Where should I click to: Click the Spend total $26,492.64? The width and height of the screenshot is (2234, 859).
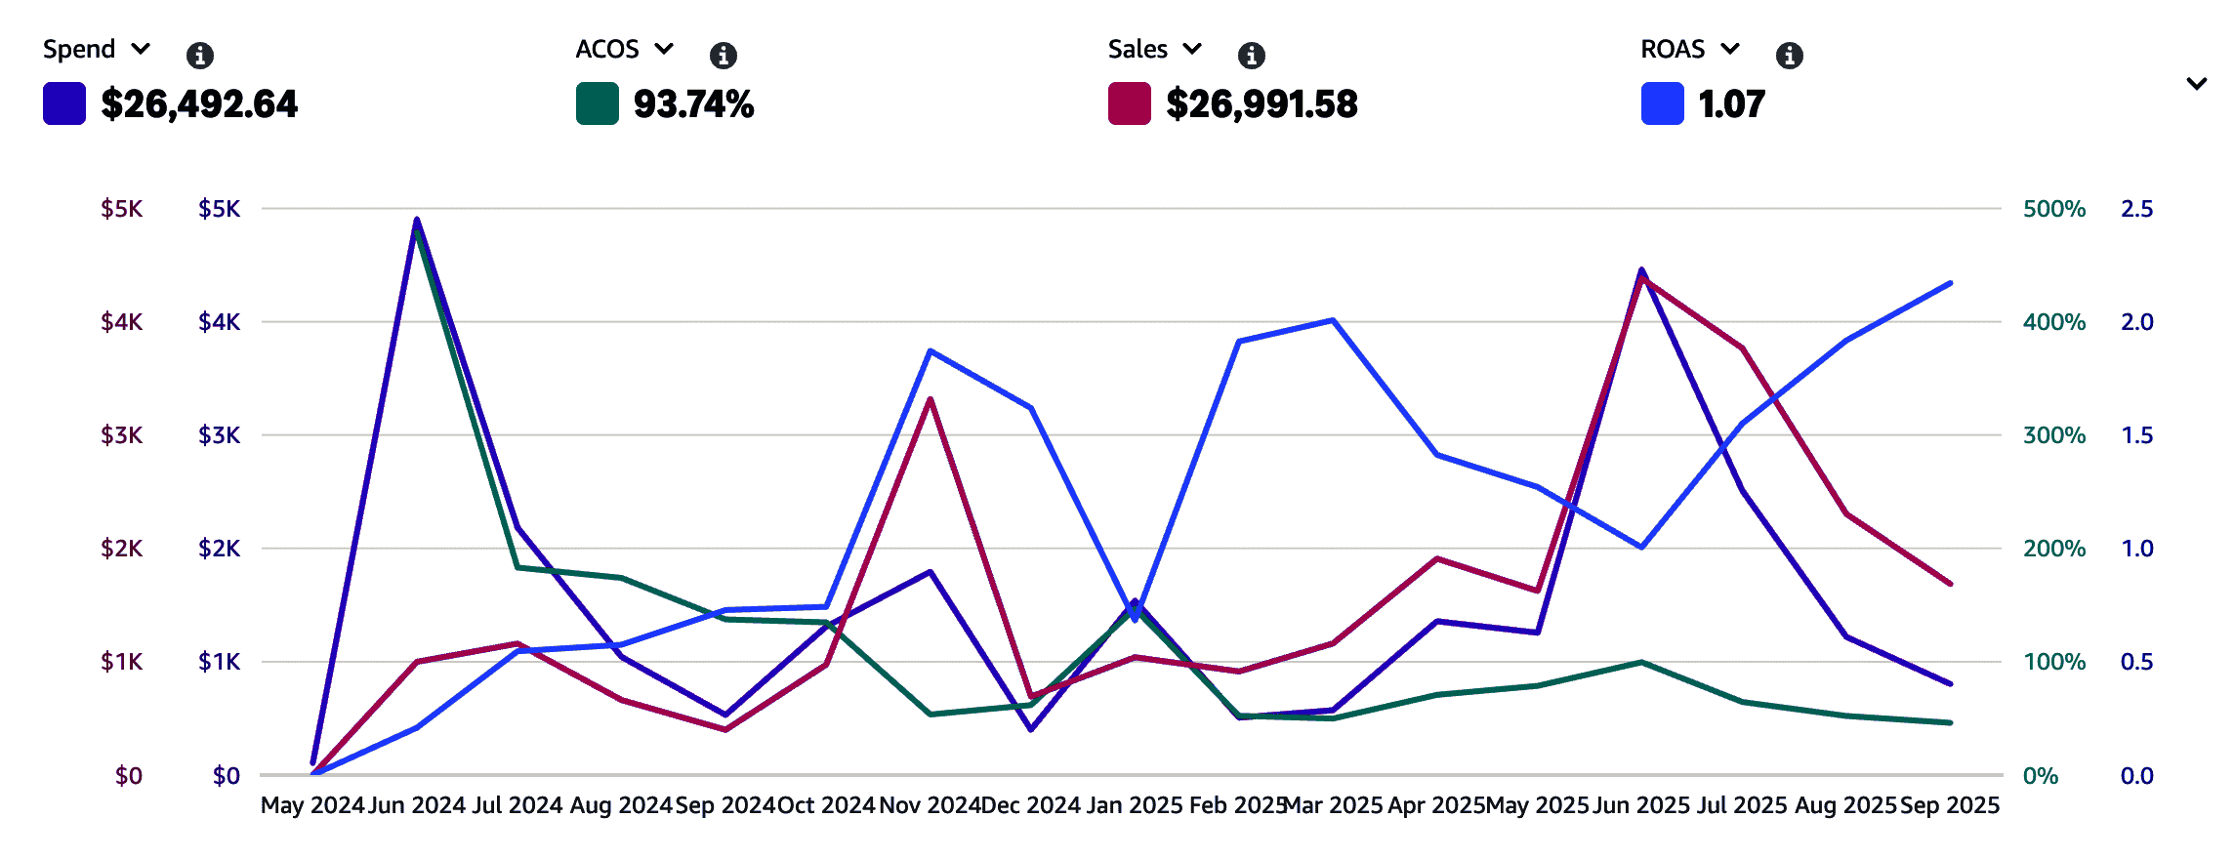[199, 104]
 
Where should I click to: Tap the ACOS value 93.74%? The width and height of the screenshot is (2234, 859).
[693, 104]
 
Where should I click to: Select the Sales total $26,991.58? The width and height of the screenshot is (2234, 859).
[1262, 104]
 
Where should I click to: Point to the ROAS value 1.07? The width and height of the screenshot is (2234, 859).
[1731, 104]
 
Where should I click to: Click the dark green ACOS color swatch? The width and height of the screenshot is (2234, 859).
[598, 104]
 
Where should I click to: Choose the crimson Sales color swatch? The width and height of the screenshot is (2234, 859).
[1130, 104]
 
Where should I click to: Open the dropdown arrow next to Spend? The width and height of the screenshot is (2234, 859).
[141, 49]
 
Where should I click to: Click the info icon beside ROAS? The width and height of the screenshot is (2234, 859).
[1789, 55]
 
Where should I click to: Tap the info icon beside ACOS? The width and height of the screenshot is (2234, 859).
[724, 55]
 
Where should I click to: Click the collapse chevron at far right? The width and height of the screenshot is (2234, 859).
[2196, 84]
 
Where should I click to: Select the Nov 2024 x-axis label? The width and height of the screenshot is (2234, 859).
[930, 805]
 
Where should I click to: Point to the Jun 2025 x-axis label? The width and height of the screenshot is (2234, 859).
[1641, 805]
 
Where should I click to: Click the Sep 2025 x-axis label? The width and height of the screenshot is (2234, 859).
[1950, 805]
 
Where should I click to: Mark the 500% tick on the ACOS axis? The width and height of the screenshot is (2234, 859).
[2053, 209]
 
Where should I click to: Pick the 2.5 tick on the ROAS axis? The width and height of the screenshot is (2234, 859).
[2136, 209]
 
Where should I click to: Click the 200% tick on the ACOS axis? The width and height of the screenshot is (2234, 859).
[2053, 549]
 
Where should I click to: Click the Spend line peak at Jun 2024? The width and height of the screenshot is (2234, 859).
[417, 220]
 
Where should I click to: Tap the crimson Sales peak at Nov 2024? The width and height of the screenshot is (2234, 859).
[931, 398]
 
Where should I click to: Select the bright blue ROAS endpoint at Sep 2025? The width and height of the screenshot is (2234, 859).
[1950, 283]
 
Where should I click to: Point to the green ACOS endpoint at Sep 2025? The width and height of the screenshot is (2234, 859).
[1950, 722]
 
